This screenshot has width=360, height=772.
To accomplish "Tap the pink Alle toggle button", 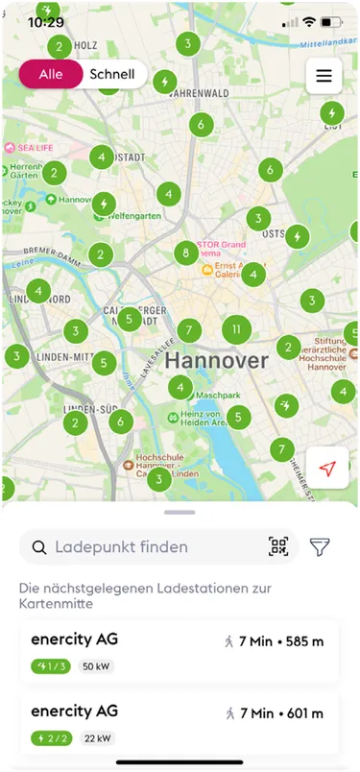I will click(x=50, y=74).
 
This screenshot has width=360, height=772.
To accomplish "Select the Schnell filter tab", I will click(x=112, y=74).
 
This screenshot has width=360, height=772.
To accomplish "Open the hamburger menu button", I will click(x=324, y=76).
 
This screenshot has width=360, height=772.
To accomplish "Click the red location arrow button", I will click(x=327, y=468).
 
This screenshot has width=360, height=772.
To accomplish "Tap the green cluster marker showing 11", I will click(x=236, y=329).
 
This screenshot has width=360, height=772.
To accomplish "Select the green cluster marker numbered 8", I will click(x=187, y=254).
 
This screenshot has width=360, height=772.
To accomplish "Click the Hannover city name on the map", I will click(x=216, y=361).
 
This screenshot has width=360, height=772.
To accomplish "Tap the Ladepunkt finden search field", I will click(x=144, y=547).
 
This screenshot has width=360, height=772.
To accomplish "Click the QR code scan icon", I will click(x=278, y=547).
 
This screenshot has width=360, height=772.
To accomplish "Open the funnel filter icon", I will click(x=320, y=547).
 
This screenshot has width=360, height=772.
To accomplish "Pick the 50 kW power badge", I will click(x=95, y=666).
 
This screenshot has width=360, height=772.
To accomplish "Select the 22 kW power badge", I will click(x=95, y=738).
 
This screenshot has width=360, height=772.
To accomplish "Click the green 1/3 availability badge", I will click(x=52, y=666).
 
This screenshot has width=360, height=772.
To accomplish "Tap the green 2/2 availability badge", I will click(x=52, y=738).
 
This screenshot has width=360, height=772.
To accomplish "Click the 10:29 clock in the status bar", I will click(x=46, y=21).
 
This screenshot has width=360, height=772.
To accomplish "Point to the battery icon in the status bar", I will click(x=332, y=21).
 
